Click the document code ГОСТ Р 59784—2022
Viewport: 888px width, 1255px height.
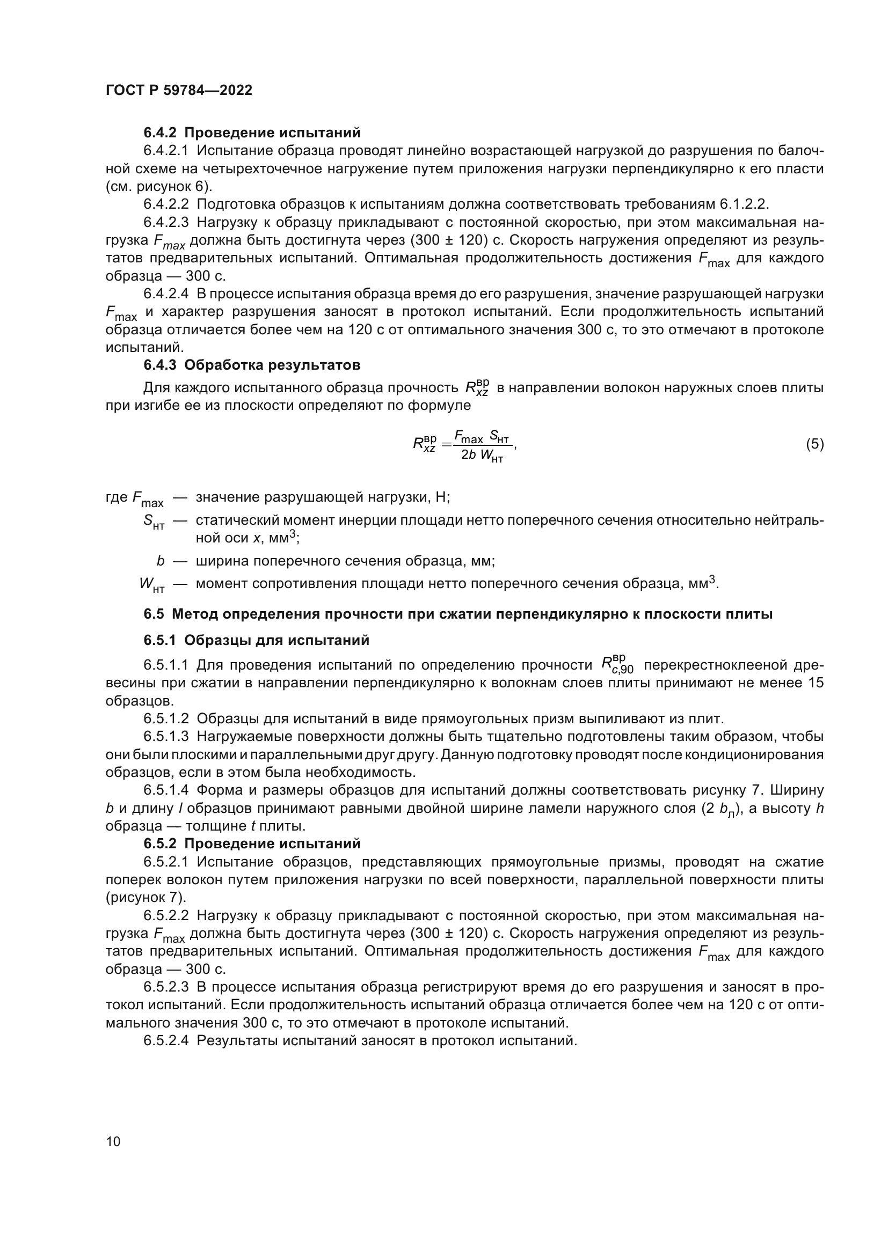179,91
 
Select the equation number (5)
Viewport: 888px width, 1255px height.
814,444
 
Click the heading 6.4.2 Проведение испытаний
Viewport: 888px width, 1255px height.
252,133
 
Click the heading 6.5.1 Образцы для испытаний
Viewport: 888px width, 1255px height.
257,640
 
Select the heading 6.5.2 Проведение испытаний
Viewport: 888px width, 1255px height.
252,843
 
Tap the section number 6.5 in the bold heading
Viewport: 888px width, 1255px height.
154,614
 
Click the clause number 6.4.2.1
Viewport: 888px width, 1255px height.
166,151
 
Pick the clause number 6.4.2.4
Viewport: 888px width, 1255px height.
166,294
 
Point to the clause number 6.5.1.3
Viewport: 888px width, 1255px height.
166,737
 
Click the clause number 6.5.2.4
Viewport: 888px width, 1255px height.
166,1041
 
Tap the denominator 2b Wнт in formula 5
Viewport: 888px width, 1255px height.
482,456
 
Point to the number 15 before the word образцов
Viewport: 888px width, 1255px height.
815,683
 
